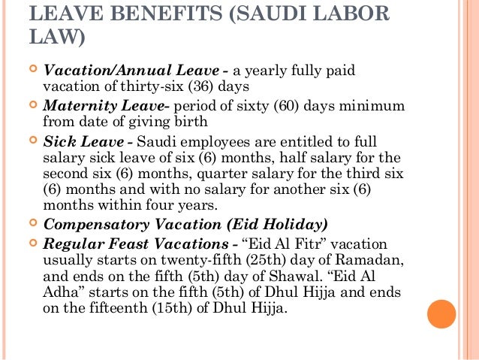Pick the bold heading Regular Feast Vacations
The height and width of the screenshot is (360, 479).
coord(136,244)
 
